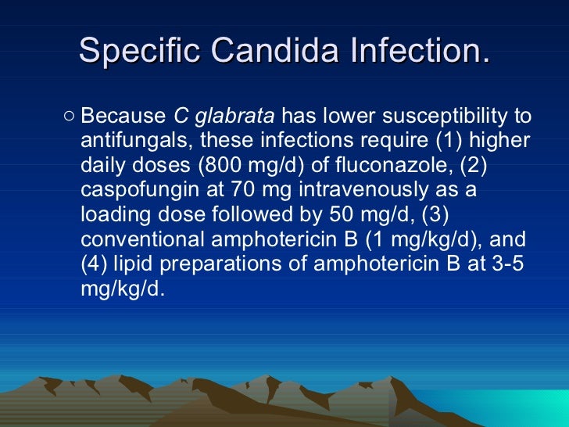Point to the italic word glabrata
coord(234,117)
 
